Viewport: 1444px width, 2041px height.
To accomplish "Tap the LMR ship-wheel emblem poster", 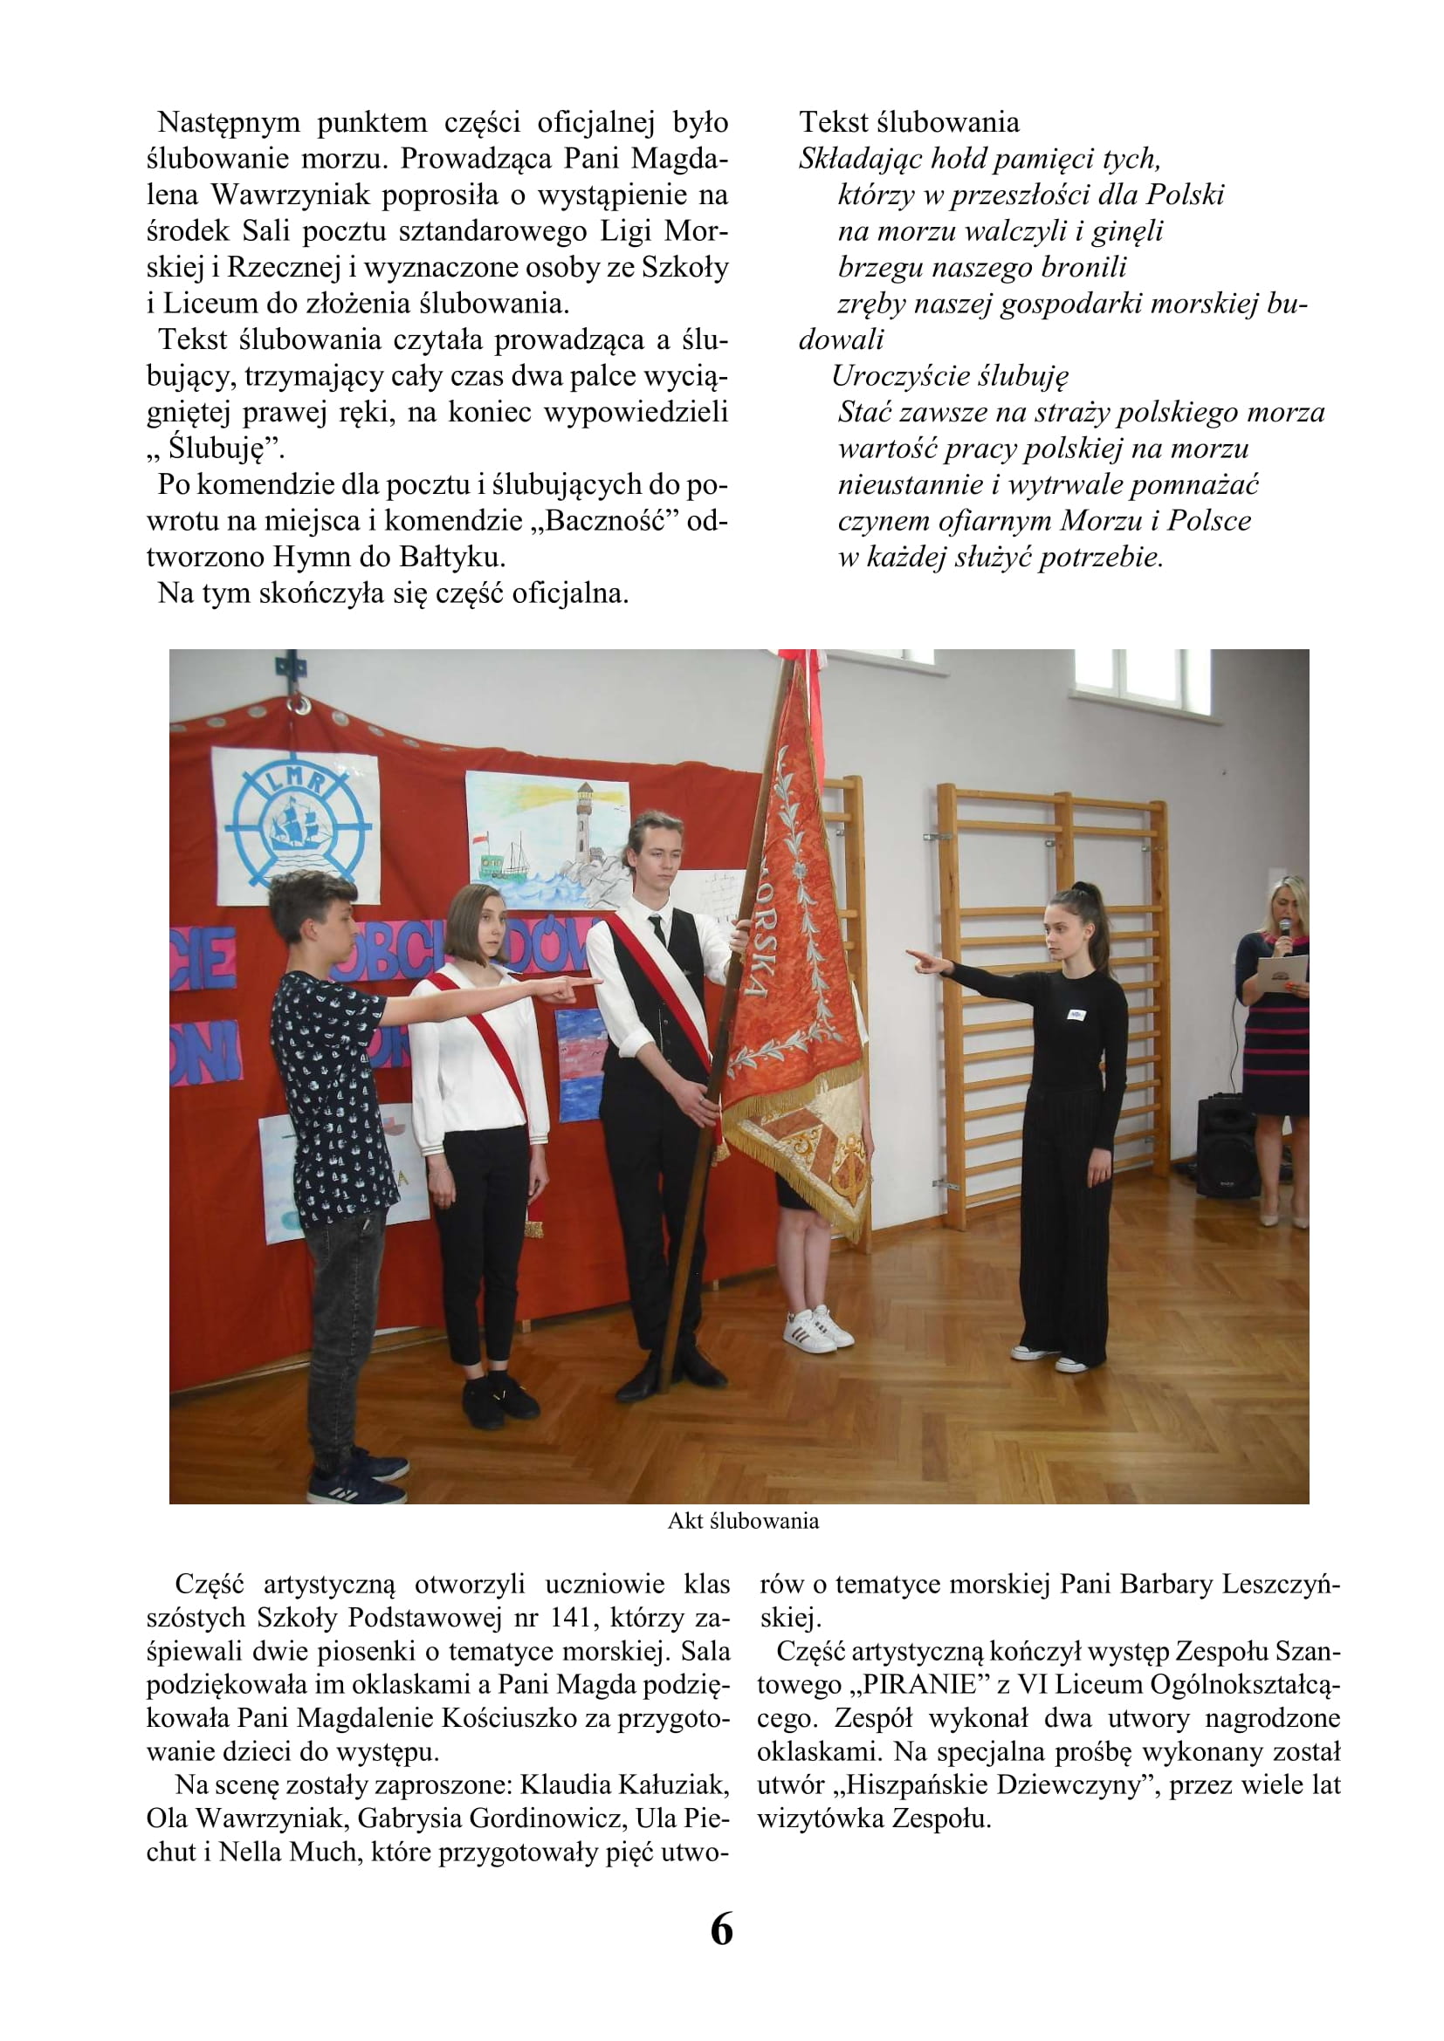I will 296,821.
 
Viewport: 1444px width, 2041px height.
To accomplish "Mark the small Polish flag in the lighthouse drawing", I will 480,839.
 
